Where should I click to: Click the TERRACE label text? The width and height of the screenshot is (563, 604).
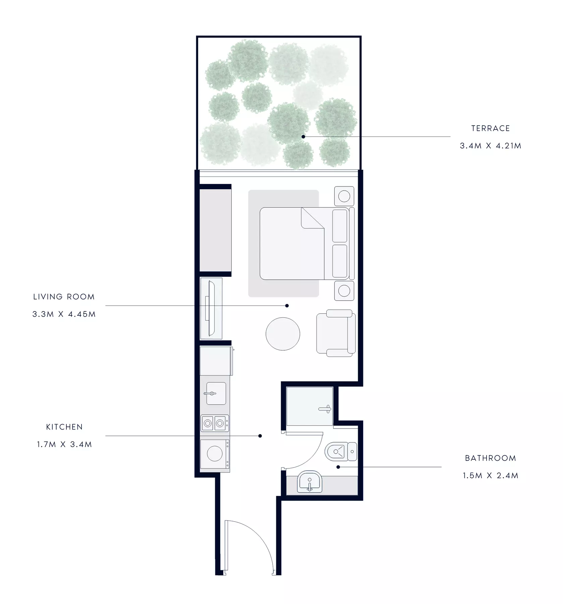490,128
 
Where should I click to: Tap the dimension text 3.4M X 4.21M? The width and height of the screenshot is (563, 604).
491,146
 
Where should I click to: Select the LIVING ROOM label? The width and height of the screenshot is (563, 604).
64,297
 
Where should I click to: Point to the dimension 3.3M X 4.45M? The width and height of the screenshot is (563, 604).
64,314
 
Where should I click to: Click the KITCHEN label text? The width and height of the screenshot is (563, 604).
64,427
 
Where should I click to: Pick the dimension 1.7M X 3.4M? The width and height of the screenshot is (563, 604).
64,444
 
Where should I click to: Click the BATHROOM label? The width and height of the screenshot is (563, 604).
491,458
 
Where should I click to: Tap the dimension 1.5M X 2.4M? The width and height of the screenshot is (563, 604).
491,475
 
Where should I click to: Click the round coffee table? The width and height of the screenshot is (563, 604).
283,334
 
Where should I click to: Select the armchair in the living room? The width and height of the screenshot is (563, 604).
336,333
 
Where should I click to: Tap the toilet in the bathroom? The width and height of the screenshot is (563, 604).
341,451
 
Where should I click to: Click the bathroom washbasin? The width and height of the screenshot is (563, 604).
309,482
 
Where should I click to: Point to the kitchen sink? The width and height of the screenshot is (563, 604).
216,393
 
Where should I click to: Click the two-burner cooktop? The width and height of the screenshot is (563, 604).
215,423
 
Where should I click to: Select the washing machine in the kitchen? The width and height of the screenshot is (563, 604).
215,454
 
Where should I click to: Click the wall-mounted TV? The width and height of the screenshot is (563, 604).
211,308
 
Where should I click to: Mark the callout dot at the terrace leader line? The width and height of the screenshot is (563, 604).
303,137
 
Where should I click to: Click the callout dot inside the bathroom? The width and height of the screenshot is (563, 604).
338,467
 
